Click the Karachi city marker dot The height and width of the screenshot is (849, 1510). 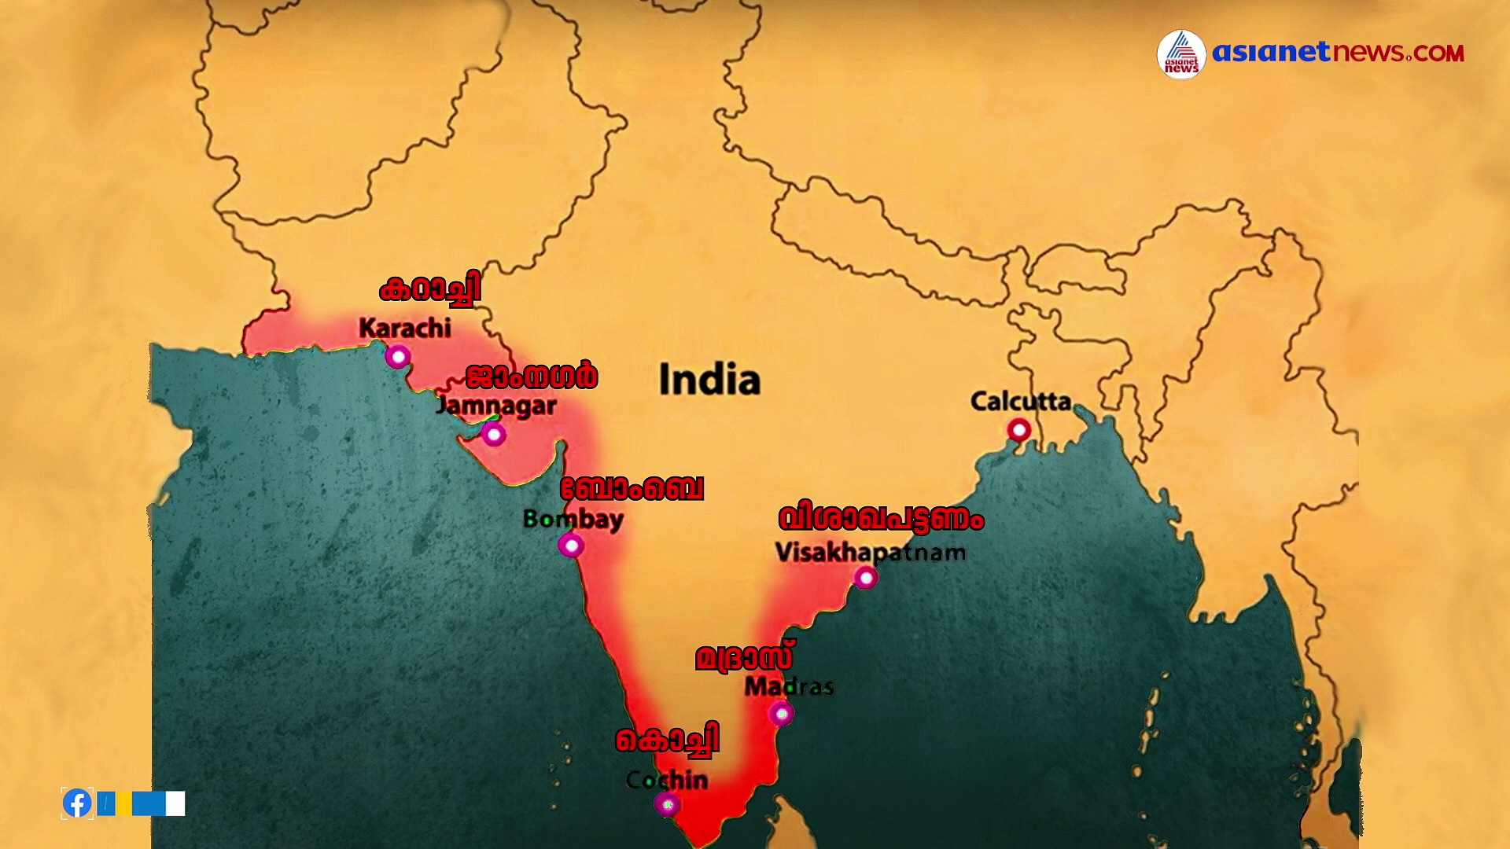(x=398, y=357)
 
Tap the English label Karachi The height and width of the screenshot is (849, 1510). (x=405, y=328)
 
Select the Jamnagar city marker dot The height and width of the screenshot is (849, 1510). (x=493, y=433)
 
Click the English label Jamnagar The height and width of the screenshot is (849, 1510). (x=496, y=406)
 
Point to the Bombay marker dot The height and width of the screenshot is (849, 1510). (x=571, y=545)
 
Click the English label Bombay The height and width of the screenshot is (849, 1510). (x=573, y=519)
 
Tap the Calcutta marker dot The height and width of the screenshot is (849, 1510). (x=1019, y=430)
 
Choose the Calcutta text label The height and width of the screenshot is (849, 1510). (x=1021, y=402)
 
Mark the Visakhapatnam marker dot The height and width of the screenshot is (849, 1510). (x=866, y=578)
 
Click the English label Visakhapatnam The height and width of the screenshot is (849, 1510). (x=871, y=552)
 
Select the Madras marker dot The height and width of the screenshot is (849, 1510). (x=781, y=713)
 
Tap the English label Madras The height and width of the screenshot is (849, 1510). (x=789, y=686)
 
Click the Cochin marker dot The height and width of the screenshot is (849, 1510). (x=667, y=804)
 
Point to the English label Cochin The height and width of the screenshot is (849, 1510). (x=667, y=780)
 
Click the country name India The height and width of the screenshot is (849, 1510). (x=709, y=380)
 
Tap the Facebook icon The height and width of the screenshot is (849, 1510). (x=77, y=803)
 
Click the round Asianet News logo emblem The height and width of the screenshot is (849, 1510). (x=1181, y=54)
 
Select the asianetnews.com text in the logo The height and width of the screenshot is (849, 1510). (x=1338, y=53)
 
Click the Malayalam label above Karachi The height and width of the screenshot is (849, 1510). (x=429, y=290)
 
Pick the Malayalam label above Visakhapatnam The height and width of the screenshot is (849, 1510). (x=881, y=519)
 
